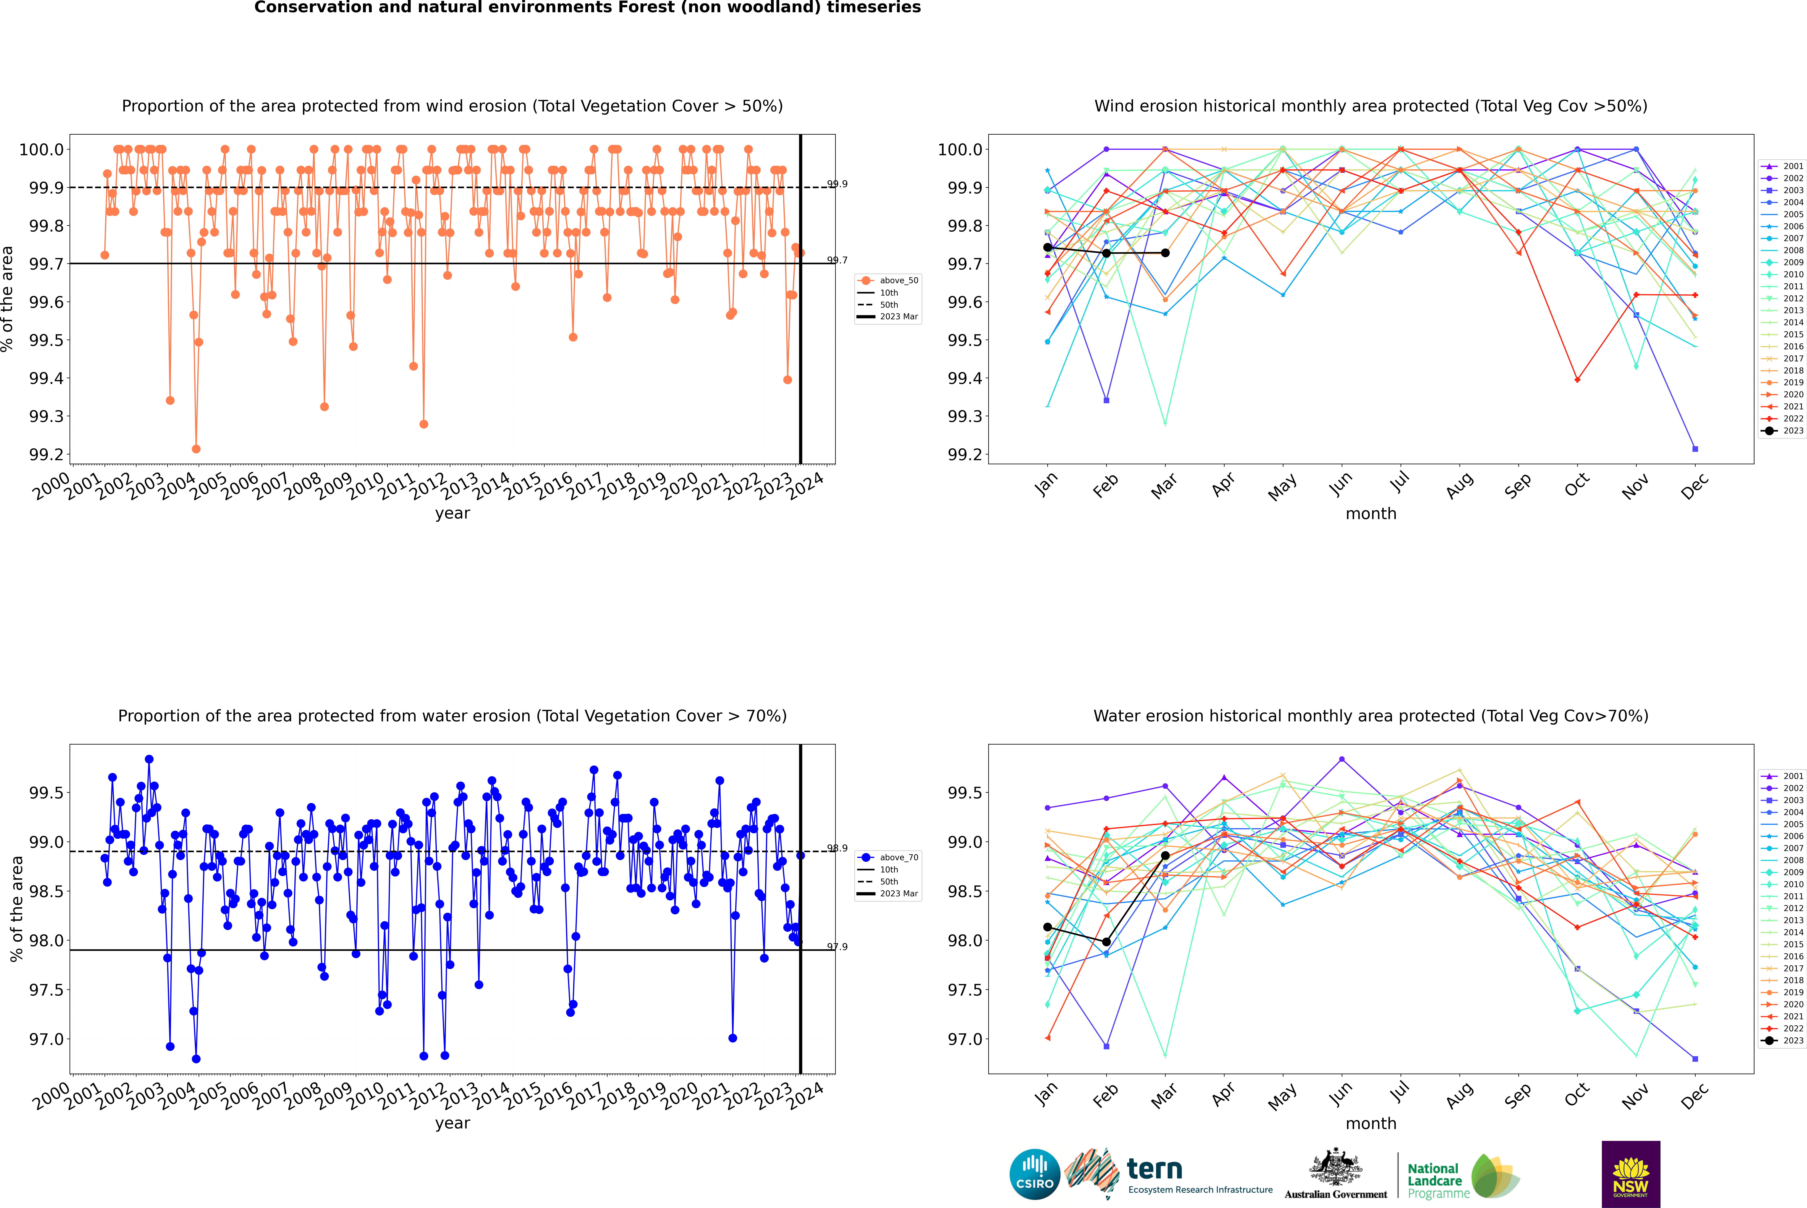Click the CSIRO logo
tap(1035, 1174)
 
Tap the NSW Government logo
tap(1631, 1174)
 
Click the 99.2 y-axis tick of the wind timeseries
tap(46, 454)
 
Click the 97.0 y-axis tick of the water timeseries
tap(46, 1039)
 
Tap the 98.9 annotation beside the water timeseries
tap(837, 848)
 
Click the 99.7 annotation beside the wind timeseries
tap(837, 260)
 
